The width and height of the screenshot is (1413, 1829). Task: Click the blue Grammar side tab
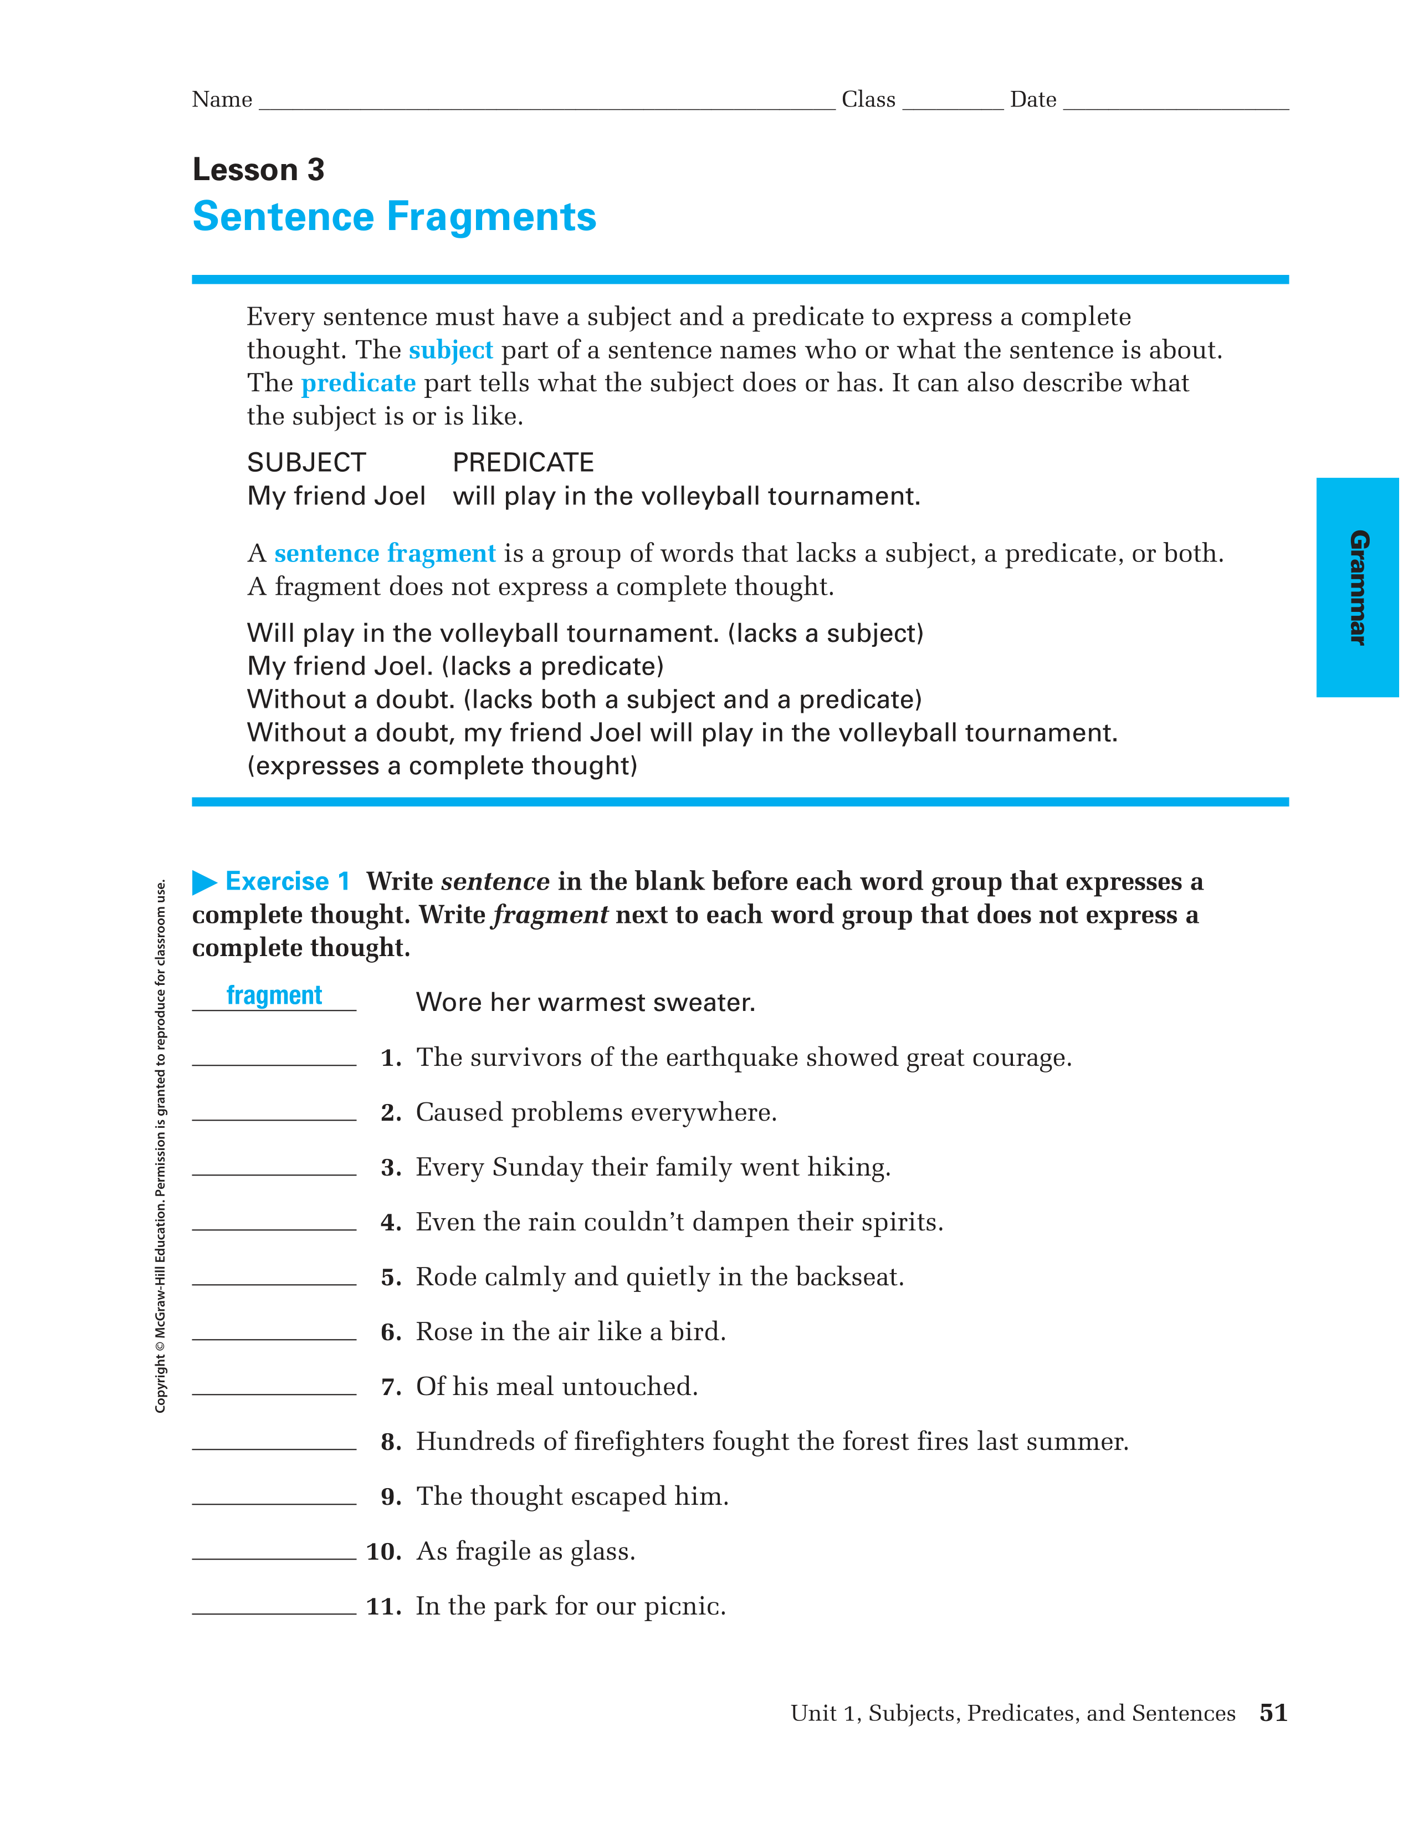(x=1357, y=587)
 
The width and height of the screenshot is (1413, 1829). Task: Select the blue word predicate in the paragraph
(x=359, y=384)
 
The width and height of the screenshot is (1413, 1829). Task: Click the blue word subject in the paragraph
(x=450, y=350)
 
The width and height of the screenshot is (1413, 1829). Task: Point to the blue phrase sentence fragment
(x=385, y=554)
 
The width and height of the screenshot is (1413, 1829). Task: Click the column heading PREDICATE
(x=523, y=462)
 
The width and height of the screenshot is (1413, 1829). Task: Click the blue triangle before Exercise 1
(x=204, y=882)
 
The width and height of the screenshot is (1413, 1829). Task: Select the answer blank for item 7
(x=274, y=1387)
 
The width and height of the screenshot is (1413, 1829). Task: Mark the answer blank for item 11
(x=274, y=1606)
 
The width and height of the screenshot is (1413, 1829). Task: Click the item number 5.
(x=391, y=1278)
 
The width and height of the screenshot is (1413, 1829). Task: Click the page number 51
(x=1272, y=1713)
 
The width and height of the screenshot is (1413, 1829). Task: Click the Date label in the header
(x=1033, y=100)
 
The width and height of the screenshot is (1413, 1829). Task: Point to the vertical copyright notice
(x=161, y=1146)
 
